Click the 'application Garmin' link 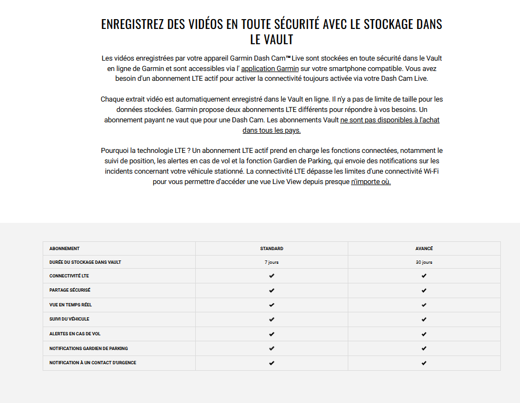pos(270,68)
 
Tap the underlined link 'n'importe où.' pos(371,182)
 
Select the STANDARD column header pos(272,248)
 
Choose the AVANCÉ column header pos(424,248)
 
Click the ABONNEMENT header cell pos(65,248)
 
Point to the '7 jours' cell pos(272,262)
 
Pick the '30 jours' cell pos(424,262)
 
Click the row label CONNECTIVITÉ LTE pos(69,276)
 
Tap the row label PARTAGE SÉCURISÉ pos(70,290)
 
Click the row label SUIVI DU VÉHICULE pos(69,319)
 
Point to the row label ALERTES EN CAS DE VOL pos(75,334)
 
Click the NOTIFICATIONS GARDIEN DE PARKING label pos(89,348)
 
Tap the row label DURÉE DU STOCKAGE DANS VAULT pos(85,262)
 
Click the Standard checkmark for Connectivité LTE pos(272,276)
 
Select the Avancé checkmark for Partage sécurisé pos(424,291)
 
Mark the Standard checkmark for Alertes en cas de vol pos(272,334)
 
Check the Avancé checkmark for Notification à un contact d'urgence pos(424,363)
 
